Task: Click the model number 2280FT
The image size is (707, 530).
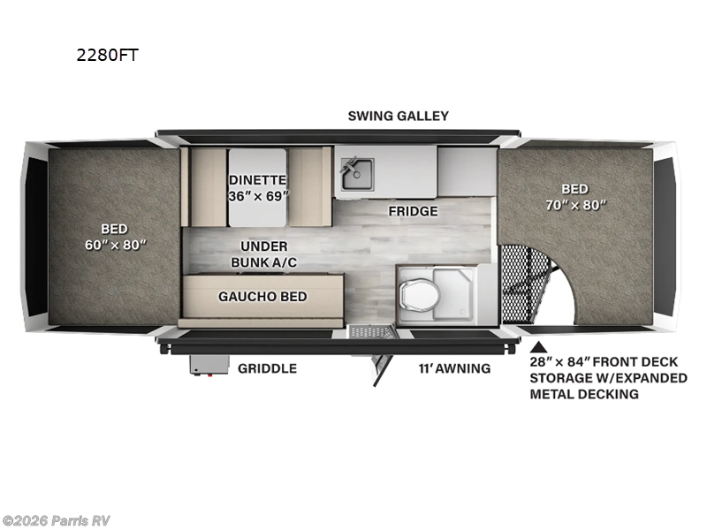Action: coord(109,55)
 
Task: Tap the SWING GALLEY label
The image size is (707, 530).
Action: coord(398,116)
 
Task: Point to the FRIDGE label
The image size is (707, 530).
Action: coord(413,211)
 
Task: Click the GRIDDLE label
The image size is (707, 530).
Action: coord(266,368)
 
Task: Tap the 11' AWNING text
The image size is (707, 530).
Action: coord(454,368)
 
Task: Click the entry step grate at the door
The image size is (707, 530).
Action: coord(370,332)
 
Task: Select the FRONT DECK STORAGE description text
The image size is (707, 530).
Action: coord(609,378)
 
